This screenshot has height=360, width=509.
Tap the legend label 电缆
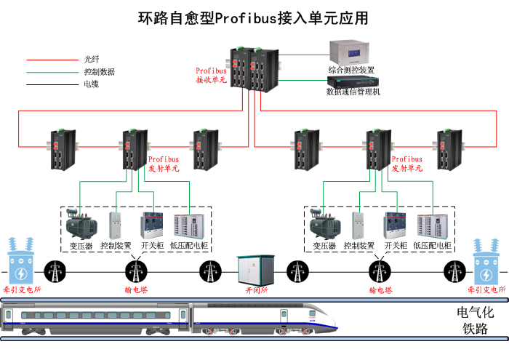pyautogui.click(x=92, y=84)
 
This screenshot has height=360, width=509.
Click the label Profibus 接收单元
pyautogui.click(x=211, y=76)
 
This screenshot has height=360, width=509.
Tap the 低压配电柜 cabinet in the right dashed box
pyautogui.click(x=430, y=226)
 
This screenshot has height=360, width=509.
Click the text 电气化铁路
pyautogui.click(x=475, y=321)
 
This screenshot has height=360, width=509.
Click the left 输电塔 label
pyautogui.click(x=135, y=289)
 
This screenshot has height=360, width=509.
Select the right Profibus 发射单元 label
pyautogui.click(x=406, y=164)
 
